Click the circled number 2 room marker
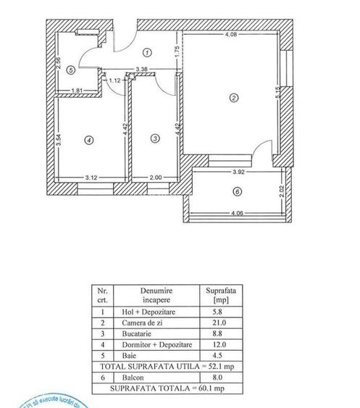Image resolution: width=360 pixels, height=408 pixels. (233, 99)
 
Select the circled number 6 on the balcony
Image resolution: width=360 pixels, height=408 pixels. (236, 192)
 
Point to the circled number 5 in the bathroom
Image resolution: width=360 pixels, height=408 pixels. (70, 70)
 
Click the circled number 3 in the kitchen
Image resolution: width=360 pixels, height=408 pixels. (154, 138)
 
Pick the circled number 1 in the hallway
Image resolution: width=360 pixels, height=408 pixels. (146, 52)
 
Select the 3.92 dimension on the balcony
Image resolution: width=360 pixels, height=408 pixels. (230, 172)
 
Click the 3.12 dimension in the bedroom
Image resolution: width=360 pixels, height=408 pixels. (91, 177)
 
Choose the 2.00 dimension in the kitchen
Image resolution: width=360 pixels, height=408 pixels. (155, 177)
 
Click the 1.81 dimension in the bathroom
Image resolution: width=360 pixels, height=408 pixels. (78, 91)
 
